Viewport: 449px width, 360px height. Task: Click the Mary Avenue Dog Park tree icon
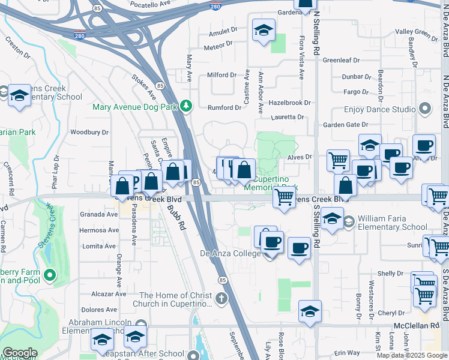187,106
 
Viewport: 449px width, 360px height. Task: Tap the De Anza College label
230,254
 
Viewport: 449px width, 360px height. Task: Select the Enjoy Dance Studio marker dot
426,109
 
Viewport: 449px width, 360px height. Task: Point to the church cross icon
221,298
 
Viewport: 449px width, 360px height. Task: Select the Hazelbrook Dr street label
290,103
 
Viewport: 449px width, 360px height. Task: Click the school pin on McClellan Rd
310,311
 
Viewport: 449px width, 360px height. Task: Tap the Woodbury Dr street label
89,132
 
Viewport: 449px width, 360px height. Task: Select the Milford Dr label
221,75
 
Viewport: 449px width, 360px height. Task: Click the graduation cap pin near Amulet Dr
262,31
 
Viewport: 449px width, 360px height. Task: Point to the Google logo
20,353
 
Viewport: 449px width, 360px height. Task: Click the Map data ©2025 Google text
412,355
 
